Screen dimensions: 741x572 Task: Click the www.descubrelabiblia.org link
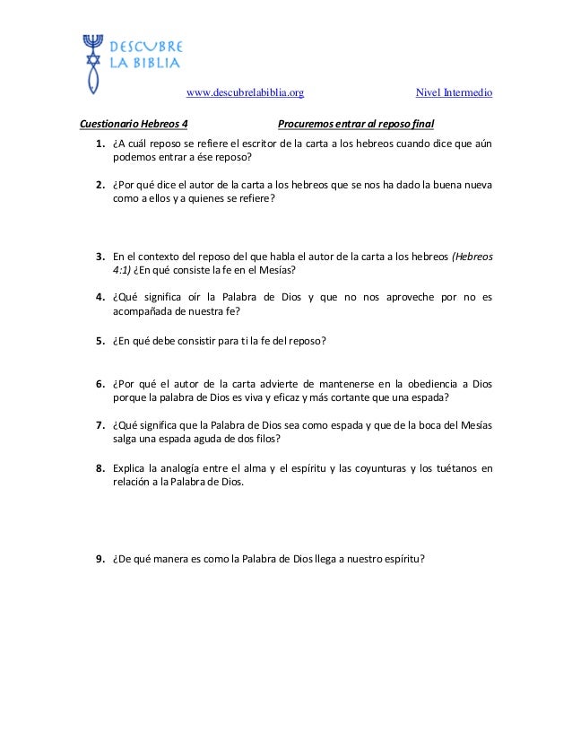point(245,92)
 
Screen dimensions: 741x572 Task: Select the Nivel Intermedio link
point(455,92)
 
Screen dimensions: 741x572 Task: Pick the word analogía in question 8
point(186,467)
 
